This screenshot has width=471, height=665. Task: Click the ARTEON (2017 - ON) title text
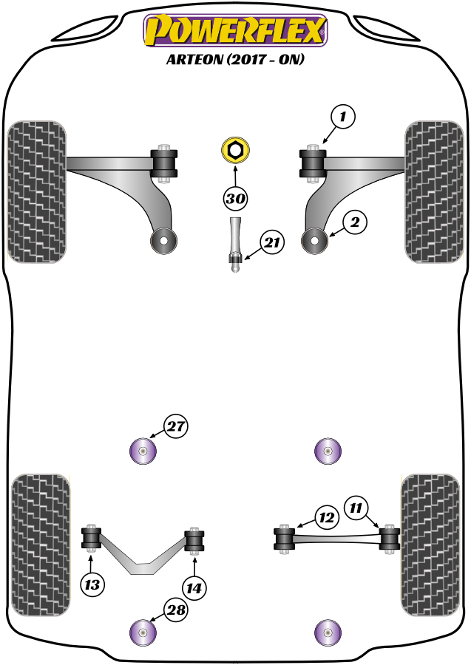click(235, 61)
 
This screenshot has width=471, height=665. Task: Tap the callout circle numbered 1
click(343, 116)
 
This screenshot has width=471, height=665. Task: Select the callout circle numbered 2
click(355, 222)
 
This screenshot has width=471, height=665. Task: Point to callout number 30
click(235, 198)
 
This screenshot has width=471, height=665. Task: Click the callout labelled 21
click(271, 242)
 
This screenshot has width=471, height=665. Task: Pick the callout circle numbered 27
click(176, 426)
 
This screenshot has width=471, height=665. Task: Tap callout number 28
click(176, 611)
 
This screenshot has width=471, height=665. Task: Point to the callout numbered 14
click(194, 589)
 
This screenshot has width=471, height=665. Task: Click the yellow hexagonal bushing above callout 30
click(235, 150)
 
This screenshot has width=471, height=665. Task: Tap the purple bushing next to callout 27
click(143, 451)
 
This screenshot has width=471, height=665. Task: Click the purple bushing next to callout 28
click(143, 632)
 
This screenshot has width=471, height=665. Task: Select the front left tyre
click(36, 190)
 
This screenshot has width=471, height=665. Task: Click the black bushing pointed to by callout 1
click(313, 163)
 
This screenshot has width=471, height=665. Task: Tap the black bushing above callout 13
click(92, 537)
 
